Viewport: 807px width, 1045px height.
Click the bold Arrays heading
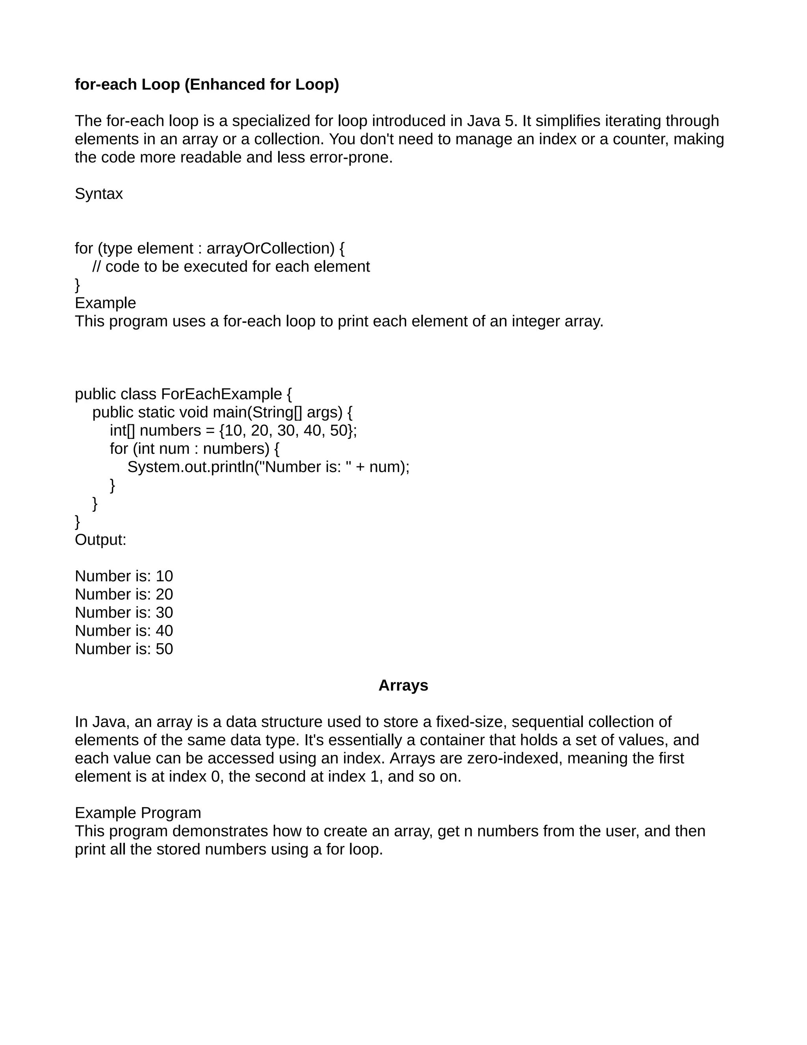403,686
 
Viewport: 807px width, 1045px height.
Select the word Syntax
99,194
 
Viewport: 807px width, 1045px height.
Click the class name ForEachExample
221,394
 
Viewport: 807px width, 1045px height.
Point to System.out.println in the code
190,467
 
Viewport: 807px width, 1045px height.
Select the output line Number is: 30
124,612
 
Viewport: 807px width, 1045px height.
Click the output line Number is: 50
124,649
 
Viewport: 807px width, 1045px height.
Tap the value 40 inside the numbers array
312,431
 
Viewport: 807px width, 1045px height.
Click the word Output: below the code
100,540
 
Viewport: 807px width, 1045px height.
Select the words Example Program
138,813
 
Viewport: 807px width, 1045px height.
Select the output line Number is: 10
124,576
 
